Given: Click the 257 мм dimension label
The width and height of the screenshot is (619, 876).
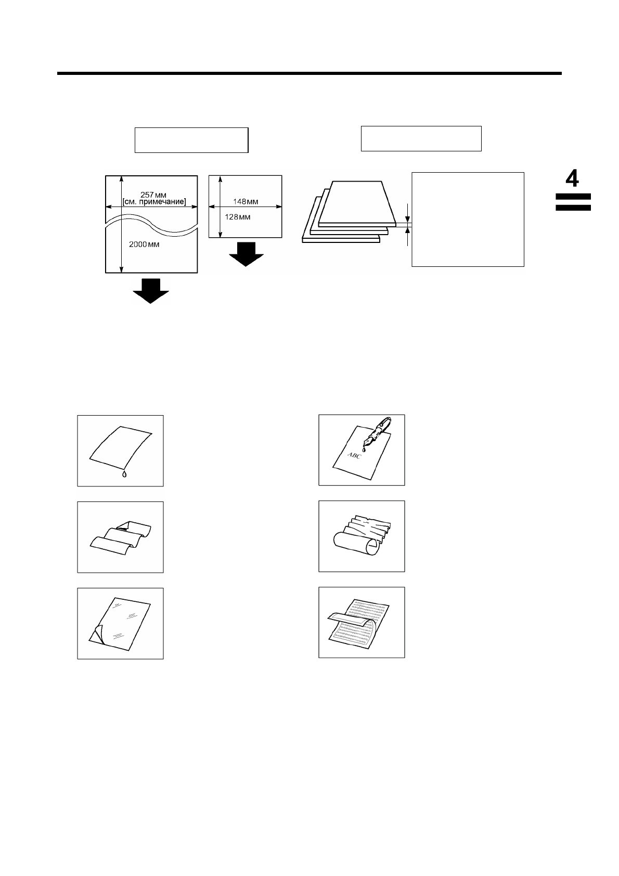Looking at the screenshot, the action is click(151, 195).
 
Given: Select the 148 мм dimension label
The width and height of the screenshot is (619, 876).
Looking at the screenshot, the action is click(246, 201).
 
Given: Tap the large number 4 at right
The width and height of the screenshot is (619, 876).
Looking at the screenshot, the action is click(572, 179).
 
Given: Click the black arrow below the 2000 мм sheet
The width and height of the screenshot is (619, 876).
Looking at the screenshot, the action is click(151, 291).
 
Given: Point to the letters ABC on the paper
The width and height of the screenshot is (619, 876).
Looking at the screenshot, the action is click(354, 456).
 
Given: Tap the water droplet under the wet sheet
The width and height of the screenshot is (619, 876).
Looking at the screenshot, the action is click(123, 474).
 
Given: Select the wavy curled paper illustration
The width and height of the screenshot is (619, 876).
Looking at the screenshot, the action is click(120, 536).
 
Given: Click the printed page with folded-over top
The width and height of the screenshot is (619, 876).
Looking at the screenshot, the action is click(358, 623).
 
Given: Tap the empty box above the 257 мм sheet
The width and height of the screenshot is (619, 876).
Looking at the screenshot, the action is click(191, 140).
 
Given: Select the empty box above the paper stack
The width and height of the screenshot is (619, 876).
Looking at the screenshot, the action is click(421, 138).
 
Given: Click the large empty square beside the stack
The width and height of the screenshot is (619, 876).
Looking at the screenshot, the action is click(468, 219).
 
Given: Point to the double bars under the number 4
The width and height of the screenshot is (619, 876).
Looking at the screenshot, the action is click(573, 202).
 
